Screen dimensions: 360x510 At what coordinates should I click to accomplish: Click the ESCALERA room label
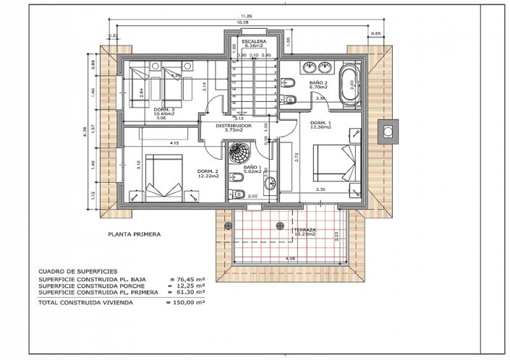[255, 42]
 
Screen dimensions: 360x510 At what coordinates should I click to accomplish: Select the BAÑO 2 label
[318, 83]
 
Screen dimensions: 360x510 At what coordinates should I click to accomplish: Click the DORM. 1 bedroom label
[321, 124]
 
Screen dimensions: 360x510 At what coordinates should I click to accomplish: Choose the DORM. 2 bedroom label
[208, 171]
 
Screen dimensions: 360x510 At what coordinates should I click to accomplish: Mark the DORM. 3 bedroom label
[164, 108]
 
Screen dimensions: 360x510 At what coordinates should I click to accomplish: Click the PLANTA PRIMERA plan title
[133, 234]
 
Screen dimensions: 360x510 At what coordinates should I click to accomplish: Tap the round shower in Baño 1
[237, 153]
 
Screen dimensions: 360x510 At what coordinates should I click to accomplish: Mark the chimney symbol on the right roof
[388, 131]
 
